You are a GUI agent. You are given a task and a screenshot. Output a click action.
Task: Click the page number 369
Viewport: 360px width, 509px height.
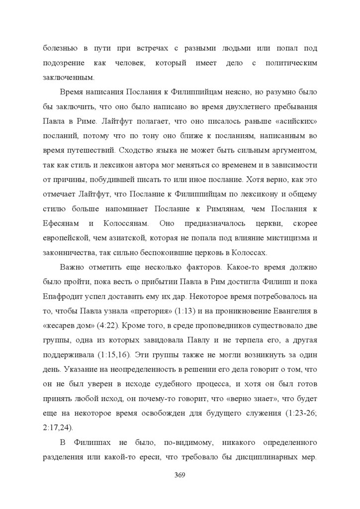[x=180, y=475]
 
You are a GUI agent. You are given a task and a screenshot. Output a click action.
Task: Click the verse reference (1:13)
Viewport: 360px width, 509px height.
[x=188, y=311]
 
